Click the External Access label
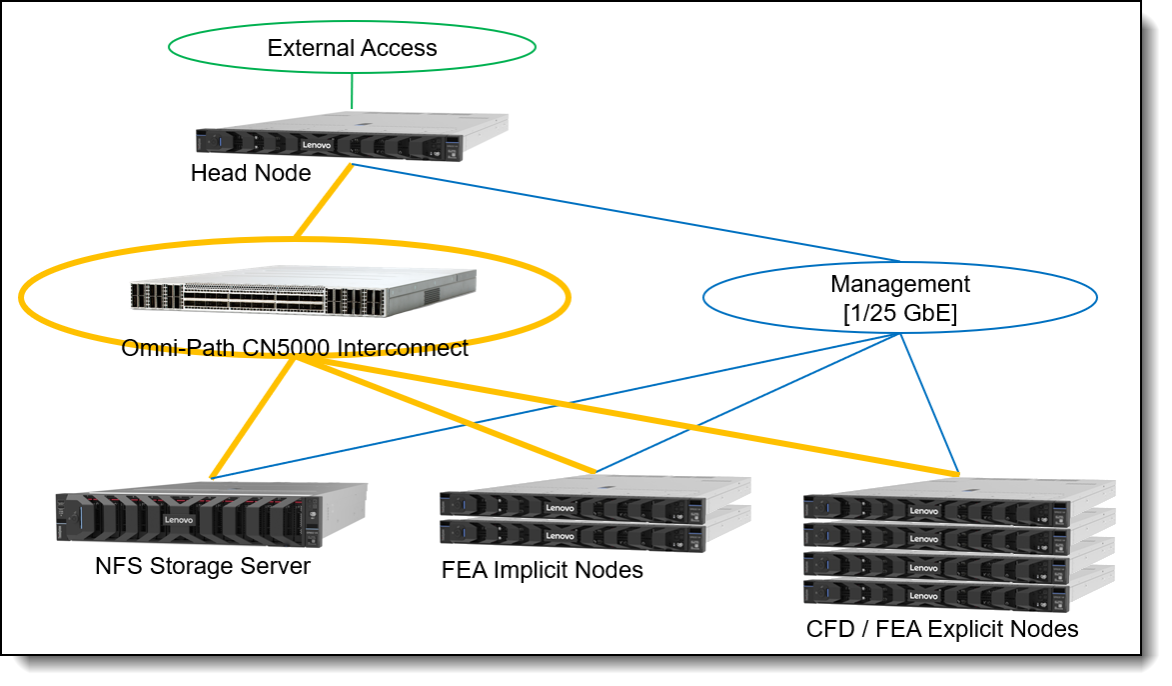352,48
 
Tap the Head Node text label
251,174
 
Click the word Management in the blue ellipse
899,284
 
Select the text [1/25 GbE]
899,312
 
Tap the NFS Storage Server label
203,567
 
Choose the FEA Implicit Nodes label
542,571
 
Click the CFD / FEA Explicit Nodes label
942,630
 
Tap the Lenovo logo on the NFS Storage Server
179,520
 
